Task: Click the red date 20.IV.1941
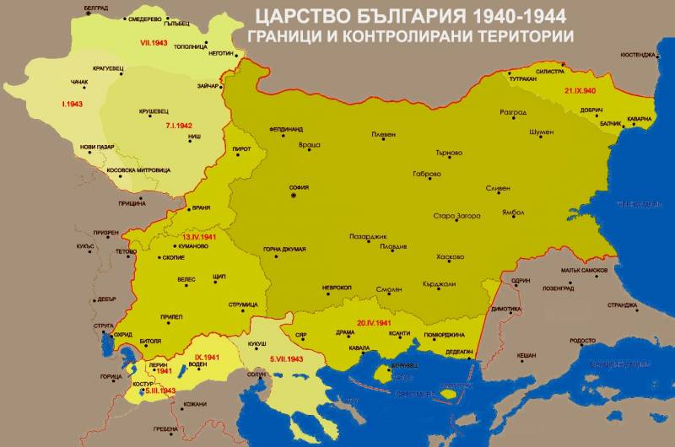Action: [x=373, y=322]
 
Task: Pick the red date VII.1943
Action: [x=145, y=42]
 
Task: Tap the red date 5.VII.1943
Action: [x=287, y=359]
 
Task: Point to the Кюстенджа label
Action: [x=638, y=55]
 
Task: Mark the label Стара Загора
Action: [x=456, y=217]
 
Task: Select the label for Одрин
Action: [x=521, y=280]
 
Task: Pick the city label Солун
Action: [x=256, y=374]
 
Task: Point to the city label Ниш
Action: [x=194, y=136]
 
